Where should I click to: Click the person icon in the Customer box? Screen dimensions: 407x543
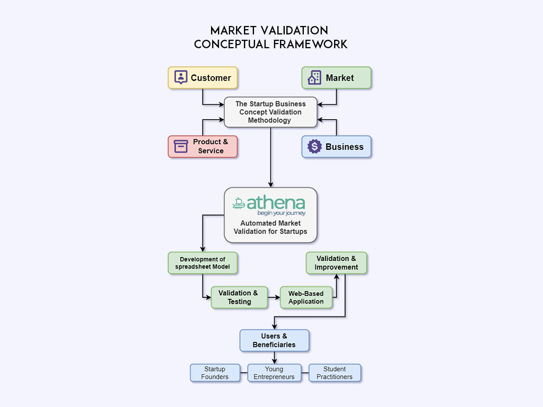[x=181, y=77]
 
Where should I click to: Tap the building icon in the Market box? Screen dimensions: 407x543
[x=314, y=77]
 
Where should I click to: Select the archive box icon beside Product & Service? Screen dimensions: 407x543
[x=181, y=146]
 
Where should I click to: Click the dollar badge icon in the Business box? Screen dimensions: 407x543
[x=314, y=147]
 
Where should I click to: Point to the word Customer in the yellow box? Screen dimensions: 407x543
[x=211, y=78]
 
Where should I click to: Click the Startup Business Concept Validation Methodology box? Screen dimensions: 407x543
[x=270, y=112]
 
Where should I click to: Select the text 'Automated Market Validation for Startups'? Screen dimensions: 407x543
[x=270, y=227]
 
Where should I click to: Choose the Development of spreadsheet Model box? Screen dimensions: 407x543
[x=203, y=263]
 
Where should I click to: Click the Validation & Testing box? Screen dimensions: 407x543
[x=239, y=297]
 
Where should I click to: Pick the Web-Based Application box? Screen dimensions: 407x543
[x=306, y=297]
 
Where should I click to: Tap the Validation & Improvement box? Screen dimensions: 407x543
[x=336, y=263]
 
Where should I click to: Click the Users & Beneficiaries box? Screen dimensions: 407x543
[x=274, y=340]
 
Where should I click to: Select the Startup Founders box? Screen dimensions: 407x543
[x=215, y=373]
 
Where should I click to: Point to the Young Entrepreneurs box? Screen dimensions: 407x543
[x=274, y=373]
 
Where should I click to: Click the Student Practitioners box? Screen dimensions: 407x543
[x=335, y=373]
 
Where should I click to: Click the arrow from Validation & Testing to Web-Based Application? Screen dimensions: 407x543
[x=274, y=297]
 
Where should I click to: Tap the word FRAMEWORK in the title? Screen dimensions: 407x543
[x=310, y=44]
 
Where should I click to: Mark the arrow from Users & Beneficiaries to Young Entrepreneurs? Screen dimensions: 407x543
[x=274, y=358]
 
